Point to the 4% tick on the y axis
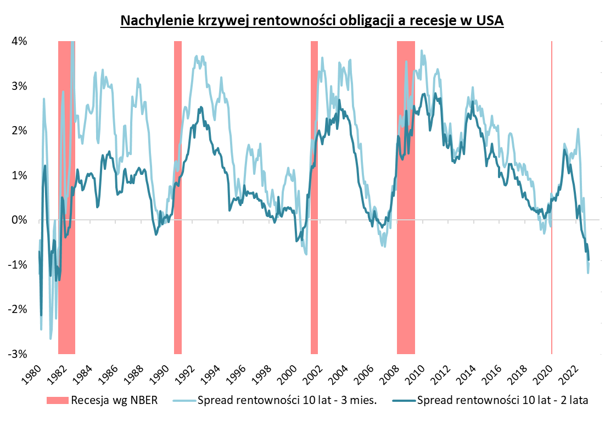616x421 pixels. pyautogui.click(x=21, y=42)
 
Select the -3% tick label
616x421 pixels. pyautogui.click(x=20, y=354)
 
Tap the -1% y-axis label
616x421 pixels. pyautogui.click(x=20, y=265)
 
